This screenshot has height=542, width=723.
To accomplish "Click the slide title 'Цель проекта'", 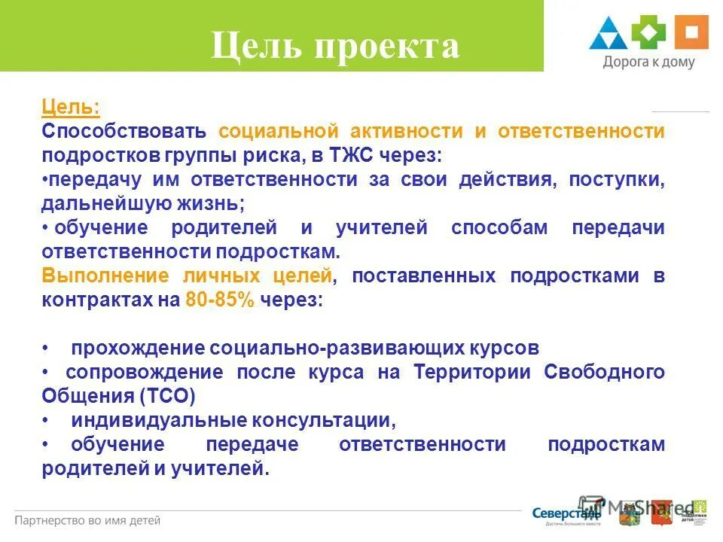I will (x=334, y=47).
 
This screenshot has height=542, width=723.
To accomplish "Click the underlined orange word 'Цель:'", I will (x=70, y=108).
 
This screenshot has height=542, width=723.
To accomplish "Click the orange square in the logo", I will (x=691, y=32).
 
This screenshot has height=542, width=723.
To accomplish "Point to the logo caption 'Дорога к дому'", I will (x=648, y=63).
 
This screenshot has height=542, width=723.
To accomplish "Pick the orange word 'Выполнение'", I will (x=105, y=276).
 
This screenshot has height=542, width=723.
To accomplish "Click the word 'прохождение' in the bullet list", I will (x=139, y=348).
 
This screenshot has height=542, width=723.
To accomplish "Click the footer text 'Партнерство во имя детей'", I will (x=88, y=520).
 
